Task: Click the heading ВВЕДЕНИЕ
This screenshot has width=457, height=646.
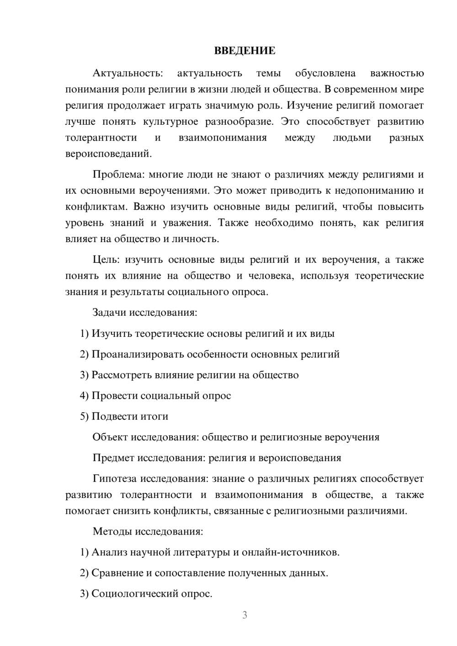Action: [x=244, y=50]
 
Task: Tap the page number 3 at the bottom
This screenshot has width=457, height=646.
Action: [x=244, y=615]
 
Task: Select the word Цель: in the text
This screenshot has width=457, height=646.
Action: [x=106, y=260]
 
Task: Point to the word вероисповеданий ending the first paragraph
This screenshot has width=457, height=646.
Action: [x=108, y=154]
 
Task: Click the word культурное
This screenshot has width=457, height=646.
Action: [x=170, y=122]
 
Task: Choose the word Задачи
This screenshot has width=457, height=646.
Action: [x=110, y=313]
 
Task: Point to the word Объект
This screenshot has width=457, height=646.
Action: [x=110, y=437]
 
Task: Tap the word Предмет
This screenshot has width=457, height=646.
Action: [x=114, y=458]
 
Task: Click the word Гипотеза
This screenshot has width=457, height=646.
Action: [x=115, y=479]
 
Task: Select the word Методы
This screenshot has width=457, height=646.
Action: [x=110, y=531]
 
